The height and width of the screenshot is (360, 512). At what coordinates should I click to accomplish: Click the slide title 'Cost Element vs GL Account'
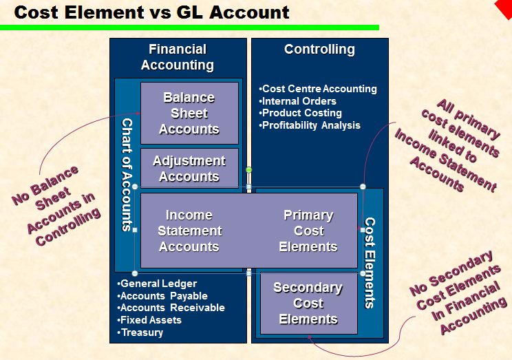coord(152,12)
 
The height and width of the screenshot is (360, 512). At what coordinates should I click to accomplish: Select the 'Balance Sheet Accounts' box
coord(189,113)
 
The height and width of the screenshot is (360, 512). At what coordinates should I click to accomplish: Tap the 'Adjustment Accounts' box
coord(189,168)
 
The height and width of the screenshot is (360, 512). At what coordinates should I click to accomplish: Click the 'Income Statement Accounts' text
coord(189,231)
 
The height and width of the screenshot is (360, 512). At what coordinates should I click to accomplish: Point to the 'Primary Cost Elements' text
coord(308,231)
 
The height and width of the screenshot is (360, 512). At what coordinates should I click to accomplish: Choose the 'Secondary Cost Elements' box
coord(308,303)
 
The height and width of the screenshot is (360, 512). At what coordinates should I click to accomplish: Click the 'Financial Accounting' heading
coord(178,57)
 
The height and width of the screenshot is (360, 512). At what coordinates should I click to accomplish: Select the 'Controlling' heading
coord(319,50)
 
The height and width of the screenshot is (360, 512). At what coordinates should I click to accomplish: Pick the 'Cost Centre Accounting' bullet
coord(318,89)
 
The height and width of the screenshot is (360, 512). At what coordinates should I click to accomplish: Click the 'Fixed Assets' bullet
coord(149,320)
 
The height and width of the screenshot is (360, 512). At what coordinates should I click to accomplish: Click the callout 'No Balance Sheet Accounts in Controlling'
coord(55,205)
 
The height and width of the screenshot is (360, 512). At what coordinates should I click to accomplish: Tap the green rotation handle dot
coord(249,169)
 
